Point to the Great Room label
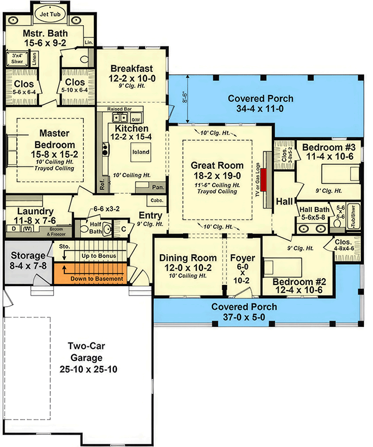(218, 165)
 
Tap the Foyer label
(243, 258)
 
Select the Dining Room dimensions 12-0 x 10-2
(187, 267)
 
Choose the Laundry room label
(36, 211)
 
